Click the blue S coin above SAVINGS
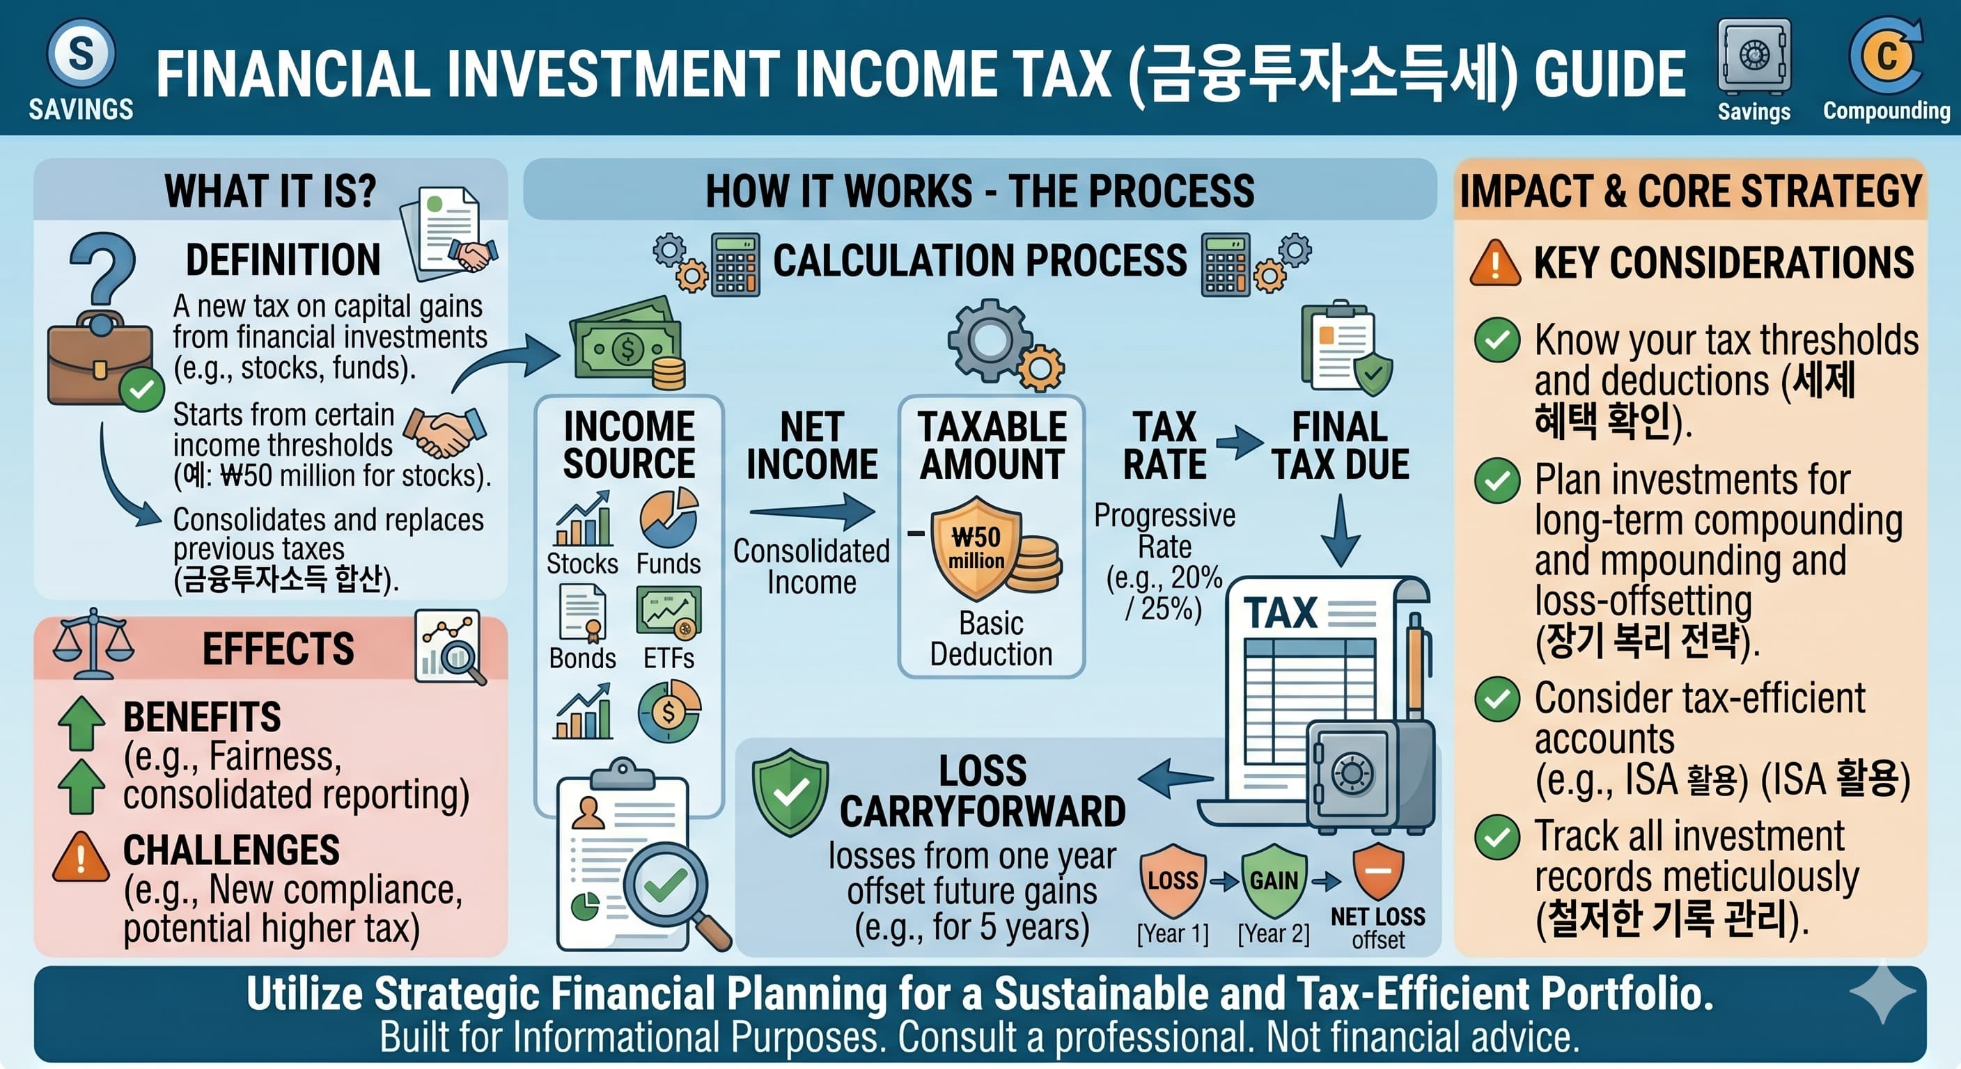pyautogui.click(x=81, y=54)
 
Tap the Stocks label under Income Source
pyautogui.click(x=582, y=564)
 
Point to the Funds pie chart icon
pyautogui.click(x=669, y=518)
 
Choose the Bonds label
pyautogui.click(x=582, y=658)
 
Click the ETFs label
pyautogui.click(x=669, y=658)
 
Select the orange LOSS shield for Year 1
pyautogui.click(x=1172, y=880)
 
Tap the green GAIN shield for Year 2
pyautogui.click(x=1274, y=880)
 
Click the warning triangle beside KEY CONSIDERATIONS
pyautogui.click(x=1495, y=263)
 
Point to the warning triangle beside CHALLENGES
pyautogui.click(x=81, y=857)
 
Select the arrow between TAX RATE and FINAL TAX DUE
pyautogui.click(x=1240, y=443)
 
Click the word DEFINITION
pyautogui.click(x=283, y=260)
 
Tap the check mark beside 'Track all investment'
pyautogui.click(x=1497, y=838)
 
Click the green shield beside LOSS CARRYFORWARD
pyautogui.click(x=790, y=792)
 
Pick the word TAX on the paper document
pyautogui.click(x=1281, y=613)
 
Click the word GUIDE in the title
pyautogui.click(x=1609, y=74)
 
